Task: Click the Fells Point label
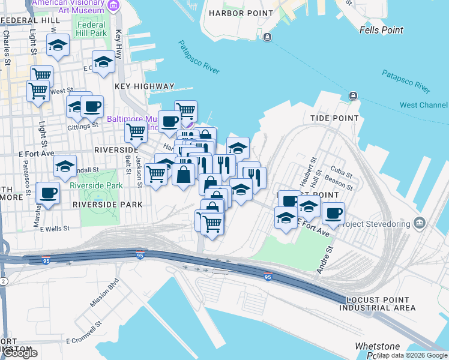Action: coord(381,30)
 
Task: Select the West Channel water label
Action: coord(423,105)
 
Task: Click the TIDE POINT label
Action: coord(334,118)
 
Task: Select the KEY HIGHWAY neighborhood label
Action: coord(144,86)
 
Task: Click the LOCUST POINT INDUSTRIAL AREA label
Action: coord(377,304)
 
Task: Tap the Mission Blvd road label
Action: coord(104,293)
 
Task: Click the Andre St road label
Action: coord(324,259)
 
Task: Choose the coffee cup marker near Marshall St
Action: coord(48,193)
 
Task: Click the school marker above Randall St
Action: coord(65,166)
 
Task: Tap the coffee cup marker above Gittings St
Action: coord(92,107)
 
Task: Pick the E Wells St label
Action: coord(55,229)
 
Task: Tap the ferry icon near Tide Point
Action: coord(352,97)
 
